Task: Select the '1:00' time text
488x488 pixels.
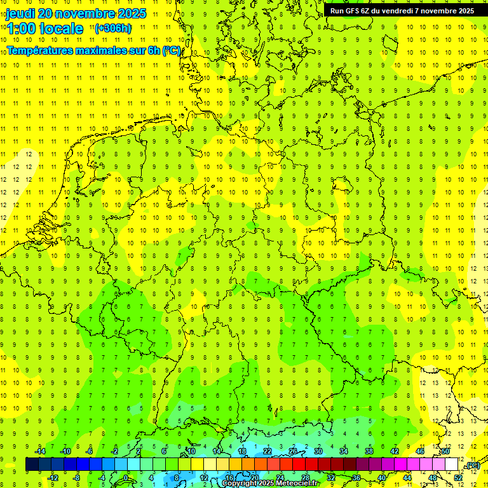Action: point(21,29)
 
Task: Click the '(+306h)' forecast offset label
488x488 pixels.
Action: point(113,28)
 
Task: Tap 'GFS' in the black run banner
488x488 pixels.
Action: point(353,11)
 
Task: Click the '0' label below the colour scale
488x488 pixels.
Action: point(126,478)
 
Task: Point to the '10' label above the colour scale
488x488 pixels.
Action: point(190,451)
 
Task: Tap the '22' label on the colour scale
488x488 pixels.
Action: point(268,451)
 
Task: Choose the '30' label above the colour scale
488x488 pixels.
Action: point(318,451)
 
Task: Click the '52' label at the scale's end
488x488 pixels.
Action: point(458,478)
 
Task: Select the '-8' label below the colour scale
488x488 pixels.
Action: point(76,478)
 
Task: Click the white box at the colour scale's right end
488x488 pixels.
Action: point(452,464)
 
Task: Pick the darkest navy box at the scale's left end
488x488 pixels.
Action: point(32,464)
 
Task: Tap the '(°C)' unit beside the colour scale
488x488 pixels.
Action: point(472,466)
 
